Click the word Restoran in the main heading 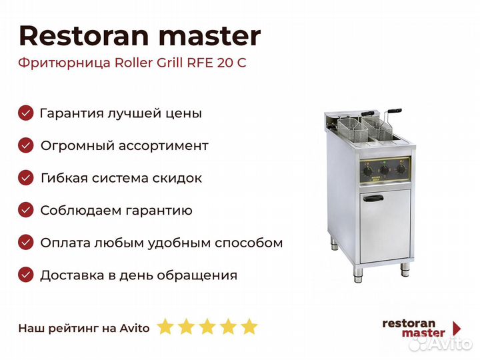point(84,36)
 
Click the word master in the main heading point(210,37)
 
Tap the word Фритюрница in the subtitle point(64,63)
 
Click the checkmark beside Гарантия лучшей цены point(26,113)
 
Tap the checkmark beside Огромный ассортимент point(26,145)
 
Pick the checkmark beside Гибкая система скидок point(26,178)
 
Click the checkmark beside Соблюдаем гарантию point(26,210)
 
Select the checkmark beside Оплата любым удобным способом point(26,243)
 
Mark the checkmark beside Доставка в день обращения point(26,275)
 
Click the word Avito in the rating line point(135,328)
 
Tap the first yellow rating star point(165,326)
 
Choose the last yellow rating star point(249,326)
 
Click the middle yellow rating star point(207,326)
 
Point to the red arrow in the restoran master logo point(457,328)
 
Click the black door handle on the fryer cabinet point(373,198)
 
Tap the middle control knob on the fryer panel point(384,170)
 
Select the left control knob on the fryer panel point(367,171)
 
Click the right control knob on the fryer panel point(401,169)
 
